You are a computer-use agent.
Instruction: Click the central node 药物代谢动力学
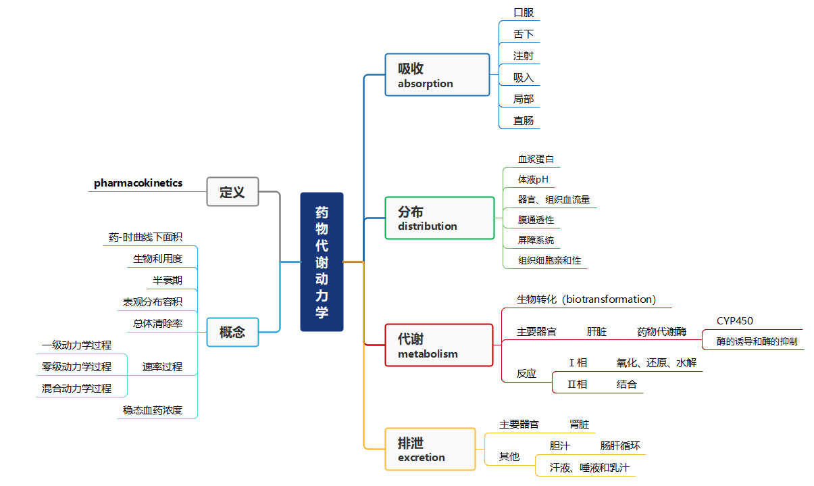click(322, 262)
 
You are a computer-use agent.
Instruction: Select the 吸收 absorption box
click(437, 75)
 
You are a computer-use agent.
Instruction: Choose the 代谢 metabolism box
click(439, 345)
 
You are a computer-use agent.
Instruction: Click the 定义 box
click(232, 192)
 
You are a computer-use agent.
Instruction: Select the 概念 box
click(232, 332)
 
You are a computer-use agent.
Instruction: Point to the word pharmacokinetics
click(138, 183)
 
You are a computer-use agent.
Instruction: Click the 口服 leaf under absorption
click(524, 13)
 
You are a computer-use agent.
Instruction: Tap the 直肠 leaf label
click(524, 120)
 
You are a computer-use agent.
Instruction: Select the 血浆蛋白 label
click(536, 160)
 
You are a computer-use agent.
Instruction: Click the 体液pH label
click(533, 179)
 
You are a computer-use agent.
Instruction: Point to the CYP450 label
click(735, 321)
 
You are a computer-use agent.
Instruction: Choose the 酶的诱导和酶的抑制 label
click(757, 341)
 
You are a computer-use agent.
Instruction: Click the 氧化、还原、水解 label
click(656, 363)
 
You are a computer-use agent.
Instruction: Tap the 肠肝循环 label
click(620, 446)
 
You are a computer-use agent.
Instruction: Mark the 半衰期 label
click(167, 280)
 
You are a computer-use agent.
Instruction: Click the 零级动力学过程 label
click(76, 366)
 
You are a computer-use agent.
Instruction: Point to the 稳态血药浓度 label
click(153, 410)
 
